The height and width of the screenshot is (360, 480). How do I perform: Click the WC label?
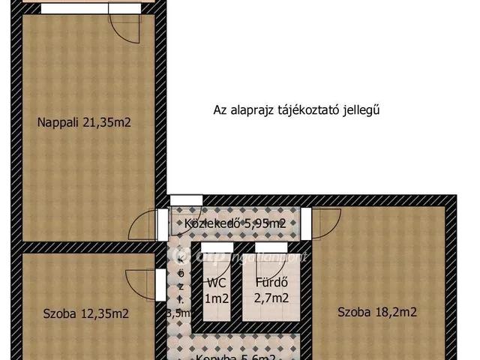217,283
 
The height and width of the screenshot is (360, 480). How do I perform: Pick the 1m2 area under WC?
217,298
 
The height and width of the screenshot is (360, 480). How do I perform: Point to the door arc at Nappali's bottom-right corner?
145,223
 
